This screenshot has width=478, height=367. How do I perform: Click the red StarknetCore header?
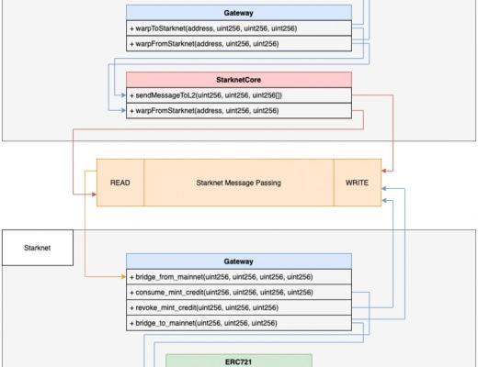pos(238,80)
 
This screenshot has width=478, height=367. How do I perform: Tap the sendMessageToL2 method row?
pos(238,95)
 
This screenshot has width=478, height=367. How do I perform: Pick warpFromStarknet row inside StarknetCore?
pos(238,111)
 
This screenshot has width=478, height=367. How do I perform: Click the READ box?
pos(119,183)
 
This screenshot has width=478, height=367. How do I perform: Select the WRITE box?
pos(357,183)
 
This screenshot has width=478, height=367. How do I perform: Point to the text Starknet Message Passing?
pos(238,183)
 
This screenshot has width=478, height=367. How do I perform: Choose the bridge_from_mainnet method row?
pos(238,276)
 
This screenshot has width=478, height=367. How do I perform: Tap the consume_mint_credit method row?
pos(238,292)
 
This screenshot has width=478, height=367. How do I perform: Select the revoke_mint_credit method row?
pos(238,307)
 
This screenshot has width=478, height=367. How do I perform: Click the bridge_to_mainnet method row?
pos(238,323)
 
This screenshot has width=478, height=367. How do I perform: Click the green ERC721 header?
pos(238,361)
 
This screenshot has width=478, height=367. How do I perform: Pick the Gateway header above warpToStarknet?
pos(238,13)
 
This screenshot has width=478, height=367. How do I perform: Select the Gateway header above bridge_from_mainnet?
pos(238,261)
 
